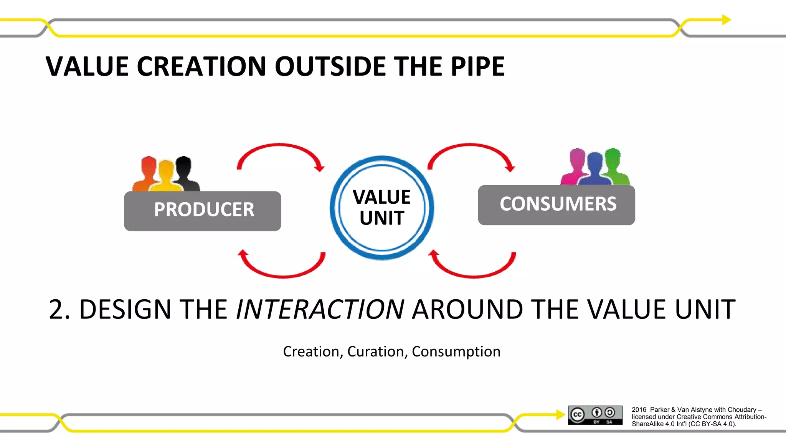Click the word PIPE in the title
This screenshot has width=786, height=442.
(477, 67)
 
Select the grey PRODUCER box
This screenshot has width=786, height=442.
(203, 211)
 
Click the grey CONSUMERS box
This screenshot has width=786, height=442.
(556, 205)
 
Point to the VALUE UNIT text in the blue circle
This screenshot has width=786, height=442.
(381, 208)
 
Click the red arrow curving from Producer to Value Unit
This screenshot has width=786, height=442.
(281, 148)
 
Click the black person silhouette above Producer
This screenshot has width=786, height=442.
(185, 173)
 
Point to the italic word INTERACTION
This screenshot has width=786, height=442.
(320, 309)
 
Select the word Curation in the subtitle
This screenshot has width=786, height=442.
(375, 351)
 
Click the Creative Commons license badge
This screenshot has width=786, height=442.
(595, 415)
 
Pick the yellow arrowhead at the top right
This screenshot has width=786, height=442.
(727, 20)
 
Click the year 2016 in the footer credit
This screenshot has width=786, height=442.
(639, 410)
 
